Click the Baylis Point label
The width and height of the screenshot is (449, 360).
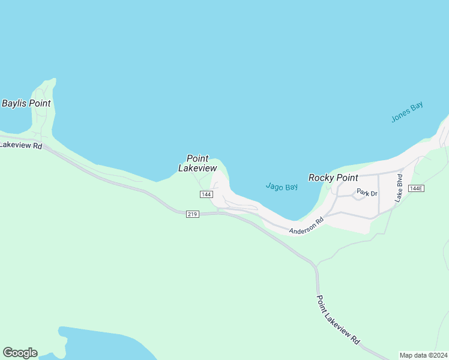(26, 103)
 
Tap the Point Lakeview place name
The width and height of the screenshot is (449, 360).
(197, 163)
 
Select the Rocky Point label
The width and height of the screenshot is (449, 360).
(333, 178)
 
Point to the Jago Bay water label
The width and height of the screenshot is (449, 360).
(282, 187)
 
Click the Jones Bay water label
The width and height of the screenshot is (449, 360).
(407, 112)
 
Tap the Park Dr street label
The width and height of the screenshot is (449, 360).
(367, 193)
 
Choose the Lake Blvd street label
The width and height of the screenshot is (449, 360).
(399, 188)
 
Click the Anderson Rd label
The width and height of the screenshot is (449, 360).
(306, 226)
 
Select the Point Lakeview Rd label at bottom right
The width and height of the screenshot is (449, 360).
(338, 319)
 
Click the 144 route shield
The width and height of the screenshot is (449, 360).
(206, 194)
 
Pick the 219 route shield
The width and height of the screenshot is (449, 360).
(192, 214)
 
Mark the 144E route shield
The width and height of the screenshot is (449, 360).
(416, 188)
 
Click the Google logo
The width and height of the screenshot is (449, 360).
(20, 353)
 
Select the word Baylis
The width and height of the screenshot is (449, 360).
(14, 103)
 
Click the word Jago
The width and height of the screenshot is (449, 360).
(274, 187)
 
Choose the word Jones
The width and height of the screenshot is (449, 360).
(401, 115)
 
